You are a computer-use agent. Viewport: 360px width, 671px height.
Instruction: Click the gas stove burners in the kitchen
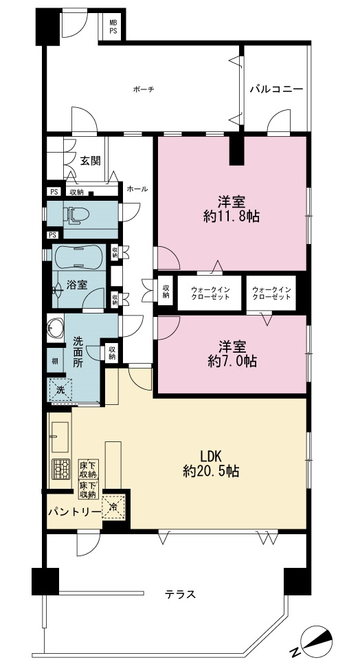(60, 469)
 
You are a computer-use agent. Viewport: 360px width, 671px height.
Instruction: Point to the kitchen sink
(60, 437)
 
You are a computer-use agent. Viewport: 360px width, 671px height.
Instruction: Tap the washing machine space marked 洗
(60, 390)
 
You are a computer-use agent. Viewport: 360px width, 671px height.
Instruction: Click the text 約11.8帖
(232, 217)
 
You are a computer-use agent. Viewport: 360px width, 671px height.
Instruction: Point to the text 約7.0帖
(232, 362)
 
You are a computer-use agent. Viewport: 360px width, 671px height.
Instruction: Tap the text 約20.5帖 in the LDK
(211, 471)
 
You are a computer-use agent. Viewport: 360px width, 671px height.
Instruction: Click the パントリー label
(74, 511)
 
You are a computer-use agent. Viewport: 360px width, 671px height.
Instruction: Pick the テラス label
(180, 594)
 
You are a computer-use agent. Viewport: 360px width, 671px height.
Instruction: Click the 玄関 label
(91, 160)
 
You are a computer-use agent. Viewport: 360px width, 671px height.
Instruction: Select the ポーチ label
(143, 89)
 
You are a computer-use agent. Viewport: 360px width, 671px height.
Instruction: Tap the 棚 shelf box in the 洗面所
(55, 361)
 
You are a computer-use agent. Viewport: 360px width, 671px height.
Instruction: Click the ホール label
(137, 188)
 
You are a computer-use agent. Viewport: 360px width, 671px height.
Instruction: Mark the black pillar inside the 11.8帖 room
(237, 150)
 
